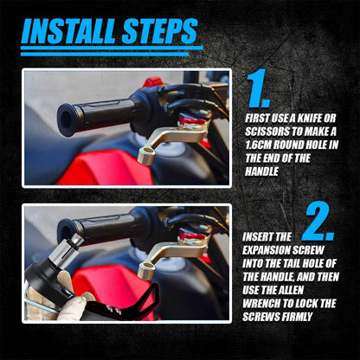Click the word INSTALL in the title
pyautogui.click(x=69, y=31)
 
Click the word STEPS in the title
pyautogui.click(x=160, y=31)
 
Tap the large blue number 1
pyautogui.click(x=258, y=88)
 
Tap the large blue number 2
pyautogui.click(x=318, y=221)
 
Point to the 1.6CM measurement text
pyautogui.click(x=258, y=145)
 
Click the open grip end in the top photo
pyautogui.click(x=67, y=119)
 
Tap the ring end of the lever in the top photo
pyautogui.click(x=147, y=155)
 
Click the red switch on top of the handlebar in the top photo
pyautogui.click(x=153, y=81)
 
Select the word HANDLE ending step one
pyautogui.click(x=262, y=171)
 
